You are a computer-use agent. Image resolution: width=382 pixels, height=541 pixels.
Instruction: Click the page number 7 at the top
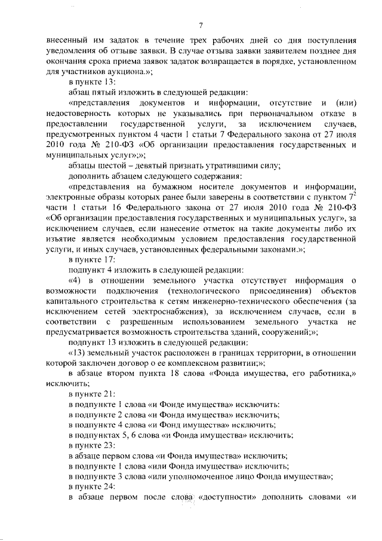click(201, 25)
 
